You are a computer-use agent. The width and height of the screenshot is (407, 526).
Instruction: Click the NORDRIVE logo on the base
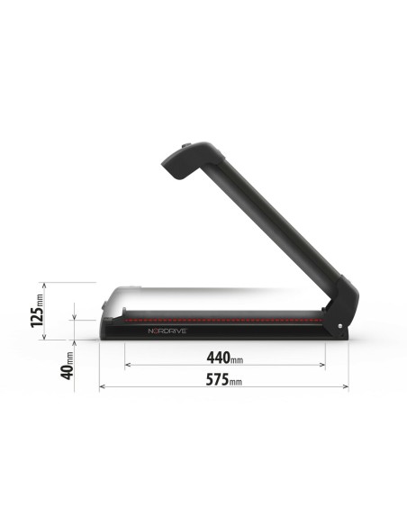(x=167, y=331)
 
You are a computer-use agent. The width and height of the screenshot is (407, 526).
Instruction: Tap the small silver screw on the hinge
(x=339, y=326)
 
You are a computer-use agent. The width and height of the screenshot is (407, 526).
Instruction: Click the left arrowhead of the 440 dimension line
(x=127, y=365)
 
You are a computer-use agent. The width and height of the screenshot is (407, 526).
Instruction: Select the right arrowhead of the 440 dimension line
(x=323, y=365)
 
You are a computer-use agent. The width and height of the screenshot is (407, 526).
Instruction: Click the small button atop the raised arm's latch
(x=186, y=145)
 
